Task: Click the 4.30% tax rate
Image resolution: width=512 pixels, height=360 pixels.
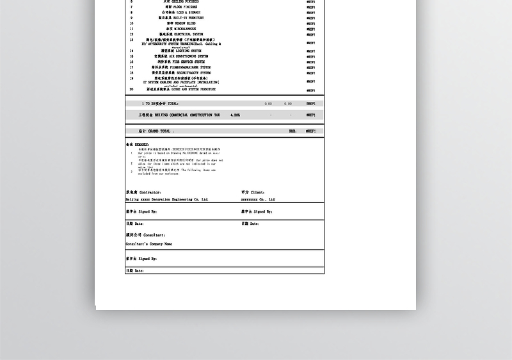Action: pyautogui.click(x=235, y=115)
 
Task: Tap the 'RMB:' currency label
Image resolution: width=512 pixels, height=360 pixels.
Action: pyautogui.click(x=292, y=131)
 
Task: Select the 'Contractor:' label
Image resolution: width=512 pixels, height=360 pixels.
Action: pyautogui.click(x=143, y=192)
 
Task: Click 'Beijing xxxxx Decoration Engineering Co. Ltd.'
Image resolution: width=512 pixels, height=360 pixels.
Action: pyautogui.click(x=167, y=200)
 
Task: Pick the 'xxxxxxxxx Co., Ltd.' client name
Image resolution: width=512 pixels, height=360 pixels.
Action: pyautogui.click(x=258, y=200)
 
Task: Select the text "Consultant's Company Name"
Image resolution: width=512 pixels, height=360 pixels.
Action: pyautogui.click(x=149, y=244)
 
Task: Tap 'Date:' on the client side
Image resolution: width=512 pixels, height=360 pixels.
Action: pyautogui.click(x=250, y=224)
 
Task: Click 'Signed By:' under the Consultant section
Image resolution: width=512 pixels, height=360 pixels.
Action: pyautogui.click(x=141, y=259)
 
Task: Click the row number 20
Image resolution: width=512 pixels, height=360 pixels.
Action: pyautogui.click(x=131, y=90)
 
